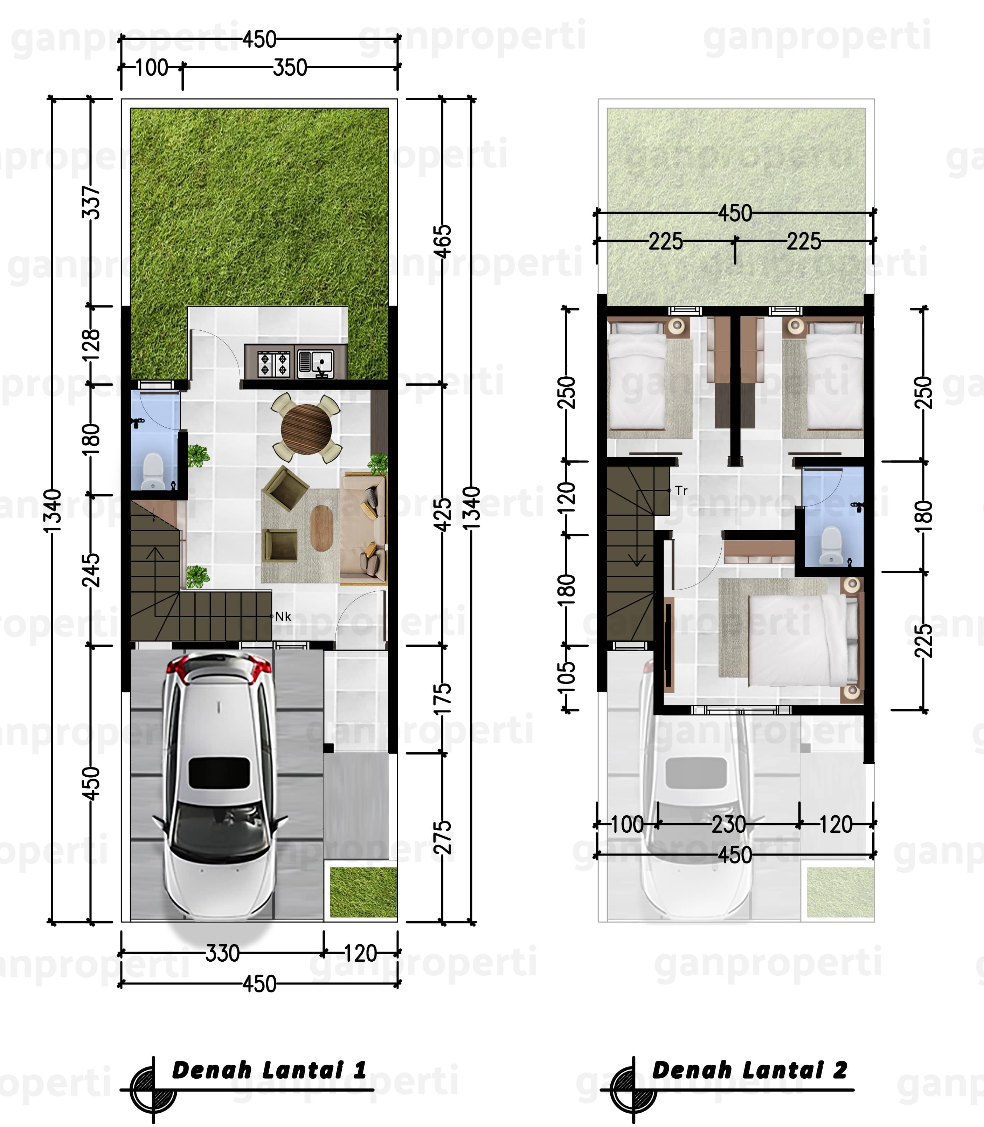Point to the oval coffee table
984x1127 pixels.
click(x=321, y=527)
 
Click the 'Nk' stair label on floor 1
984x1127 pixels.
click(x=283, y=616)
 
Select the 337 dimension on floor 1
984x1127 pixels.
click(x=92, y=202)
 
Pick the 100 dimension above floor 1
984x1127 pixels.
click(x=152, y=68)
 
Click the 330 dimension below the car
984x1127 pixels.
click(x=222, y=954)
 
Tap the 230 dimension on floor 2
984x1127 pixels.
click(x=729, y=824)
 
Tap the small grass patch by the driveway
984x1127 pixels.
click(x=363, y=892)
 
